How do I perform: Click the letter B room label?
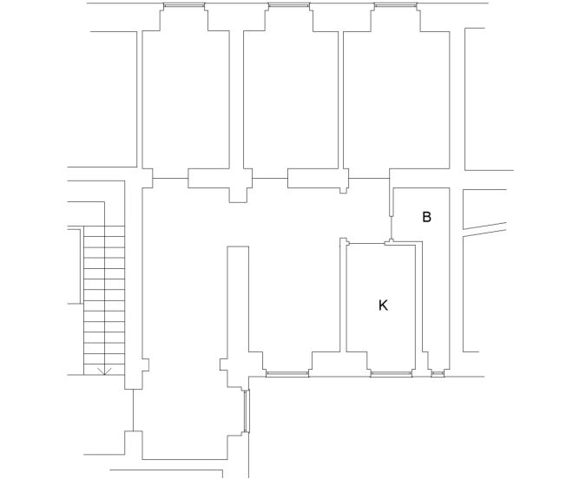426,217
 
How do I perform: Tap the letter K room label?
383,305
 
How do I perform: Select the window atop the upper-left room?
185,6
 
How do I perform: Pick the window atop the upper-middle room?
289,6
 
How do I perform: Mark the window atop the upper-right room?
395,6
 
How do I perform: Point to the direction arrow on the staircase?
104,371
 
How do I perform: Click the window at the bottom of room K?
392,374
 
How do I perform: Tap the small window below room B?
438,374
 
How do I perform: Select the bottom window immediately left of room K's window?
287,374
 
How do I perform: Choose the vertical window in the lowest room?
247,411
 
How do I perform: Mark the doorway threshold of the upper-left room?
170,180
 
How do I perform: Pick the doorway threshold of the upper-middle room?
270,180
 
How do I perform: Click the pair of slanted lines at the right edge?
484,228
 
